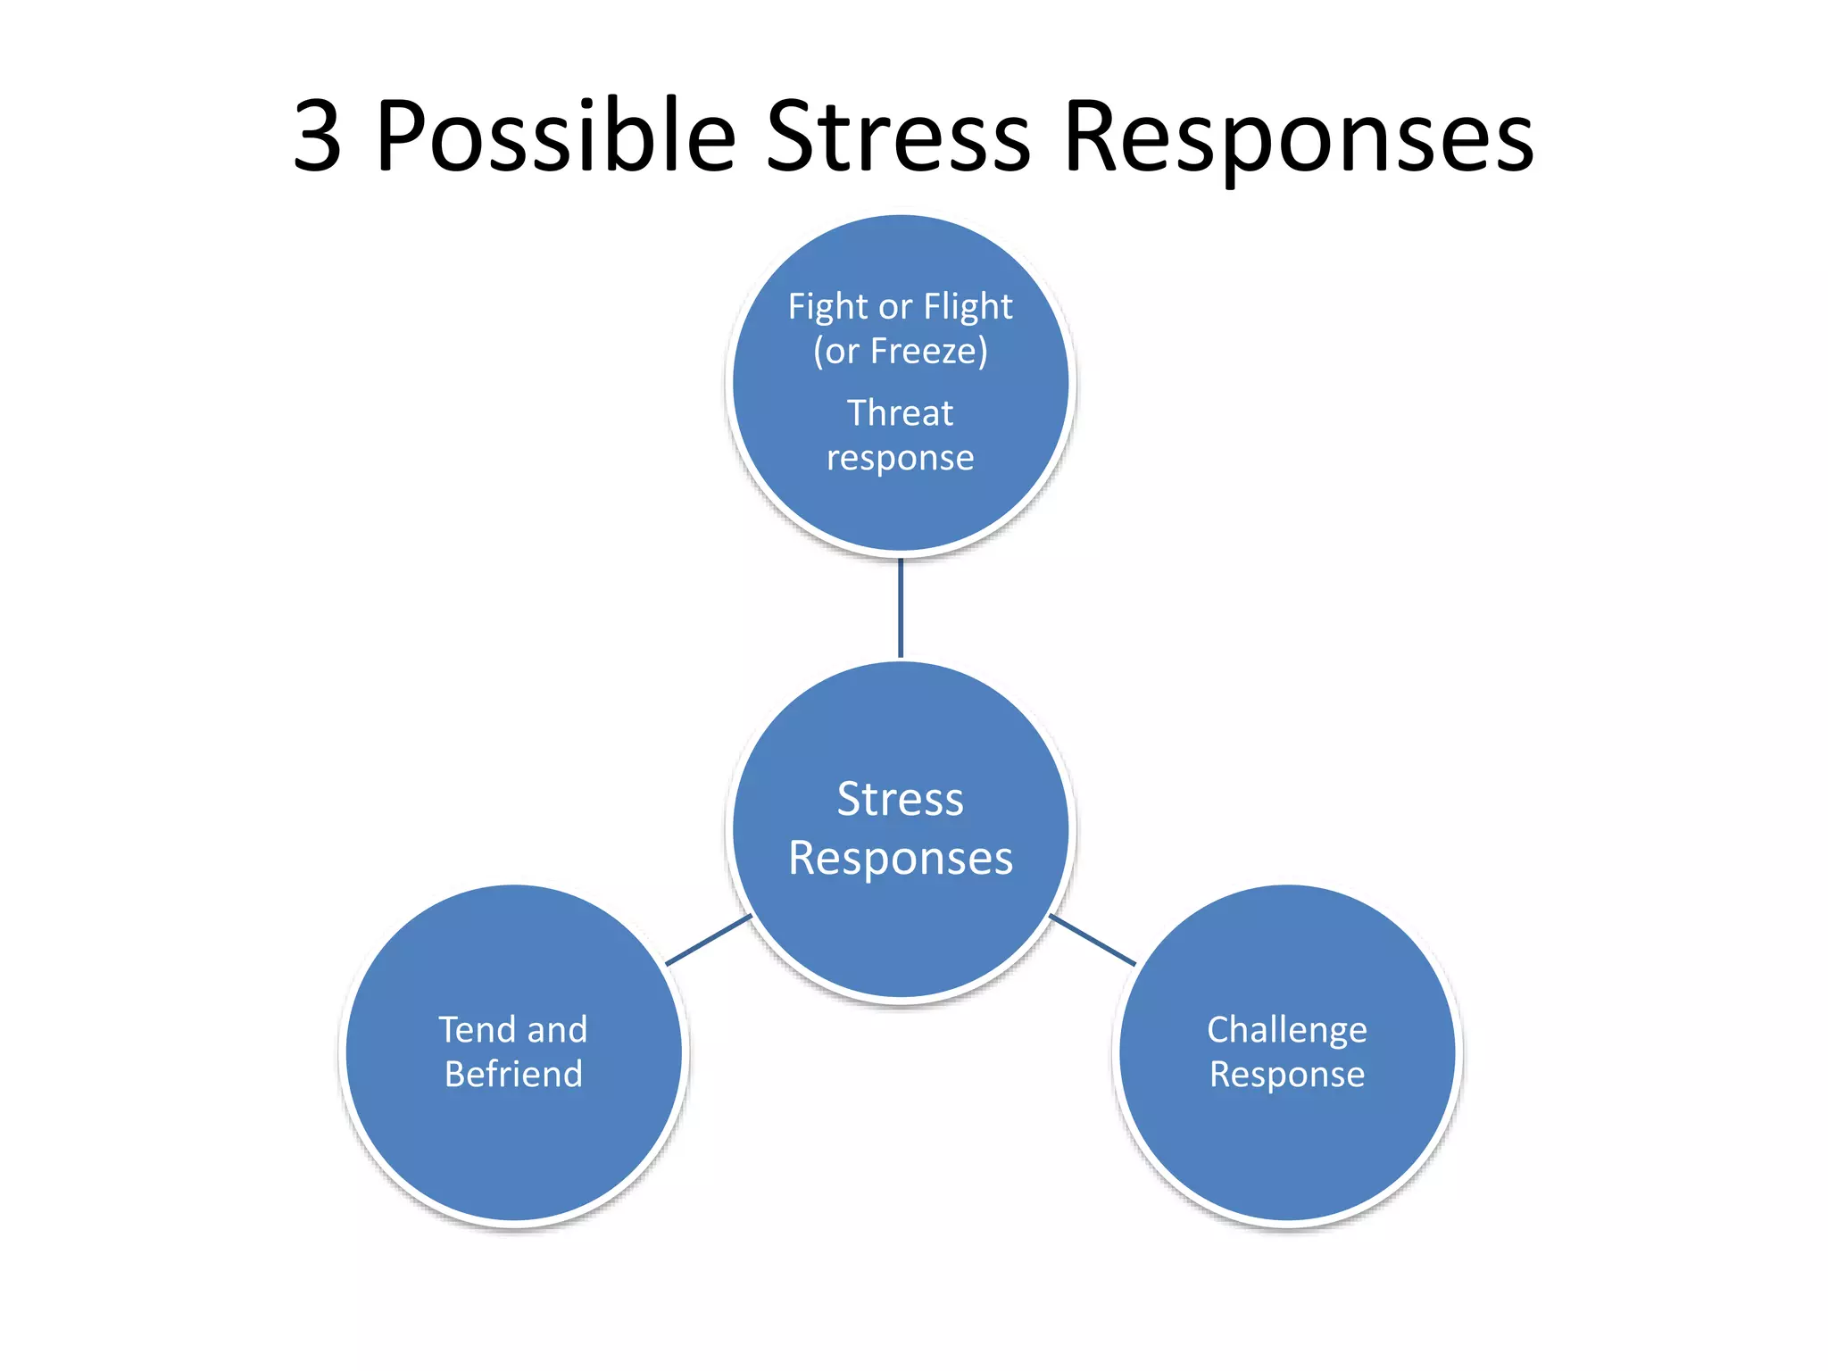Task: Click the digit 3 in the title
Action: [318, 137]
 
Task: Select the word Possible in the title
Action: [555, 137]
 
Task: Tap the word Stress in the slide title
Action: [898, 137]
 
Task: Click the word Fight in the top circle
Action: [827, 307]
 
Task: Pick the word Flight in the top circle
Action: [968, 307]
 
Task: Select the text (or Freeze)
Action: [900, 352]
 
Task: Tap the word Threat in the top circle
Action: [900, 413]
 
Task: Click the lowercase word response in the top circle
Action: [900, 459]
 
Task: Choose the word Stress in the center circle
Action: [900, 799]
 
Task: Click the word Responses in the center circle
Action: [900, 859]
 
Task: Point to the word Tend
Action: [477, 1030]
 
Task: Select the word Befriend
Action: [513, 1074]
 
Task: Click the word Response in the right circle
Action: [1286, 1075]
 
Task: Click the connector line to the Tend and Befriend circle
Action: [709, 940]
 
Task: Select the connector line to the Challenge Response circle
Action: [1092, 940]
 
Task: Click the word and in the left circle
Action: [557, 1030]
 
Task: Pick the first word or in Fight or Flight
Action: [895, 307]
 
